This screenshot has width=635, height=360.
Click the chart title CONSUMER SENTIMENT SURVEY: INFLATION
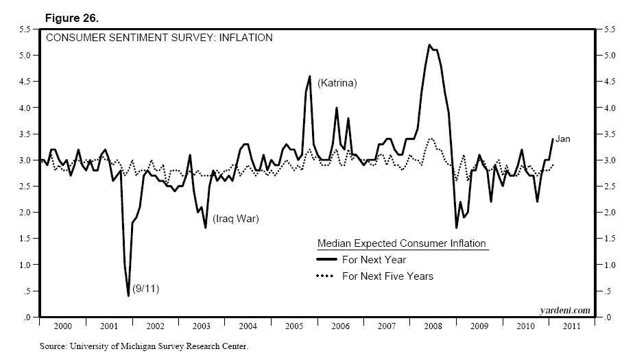[x=158, y=38]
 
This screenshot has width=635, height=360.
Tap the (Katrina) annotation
[x=337, y=83]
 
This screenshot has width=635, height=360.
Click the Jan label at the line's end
[x=562, y=139]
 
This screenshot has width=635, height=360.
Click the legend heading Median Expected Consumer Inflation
[x=401, y=243]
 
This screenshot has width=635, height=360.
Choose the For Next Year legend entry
[x=374, y=260]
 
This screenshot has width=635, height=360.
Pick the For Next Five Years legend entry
[x=387, y=276]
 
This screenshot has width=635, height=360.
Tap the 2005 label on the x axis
[x=294, y=326]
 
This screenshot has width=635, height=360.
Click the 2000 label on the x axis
[x=63, y=326]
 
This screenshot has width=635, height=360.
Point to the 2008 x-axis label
[x=433, y=326]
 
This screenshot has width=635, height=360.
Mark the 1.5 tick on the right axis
[x=609, y=239]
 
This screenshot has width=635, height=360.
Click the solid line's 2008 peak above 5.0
[x=429, y=45]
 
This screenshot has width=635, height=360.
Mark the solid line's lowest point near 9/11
[x=128, y=296]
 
